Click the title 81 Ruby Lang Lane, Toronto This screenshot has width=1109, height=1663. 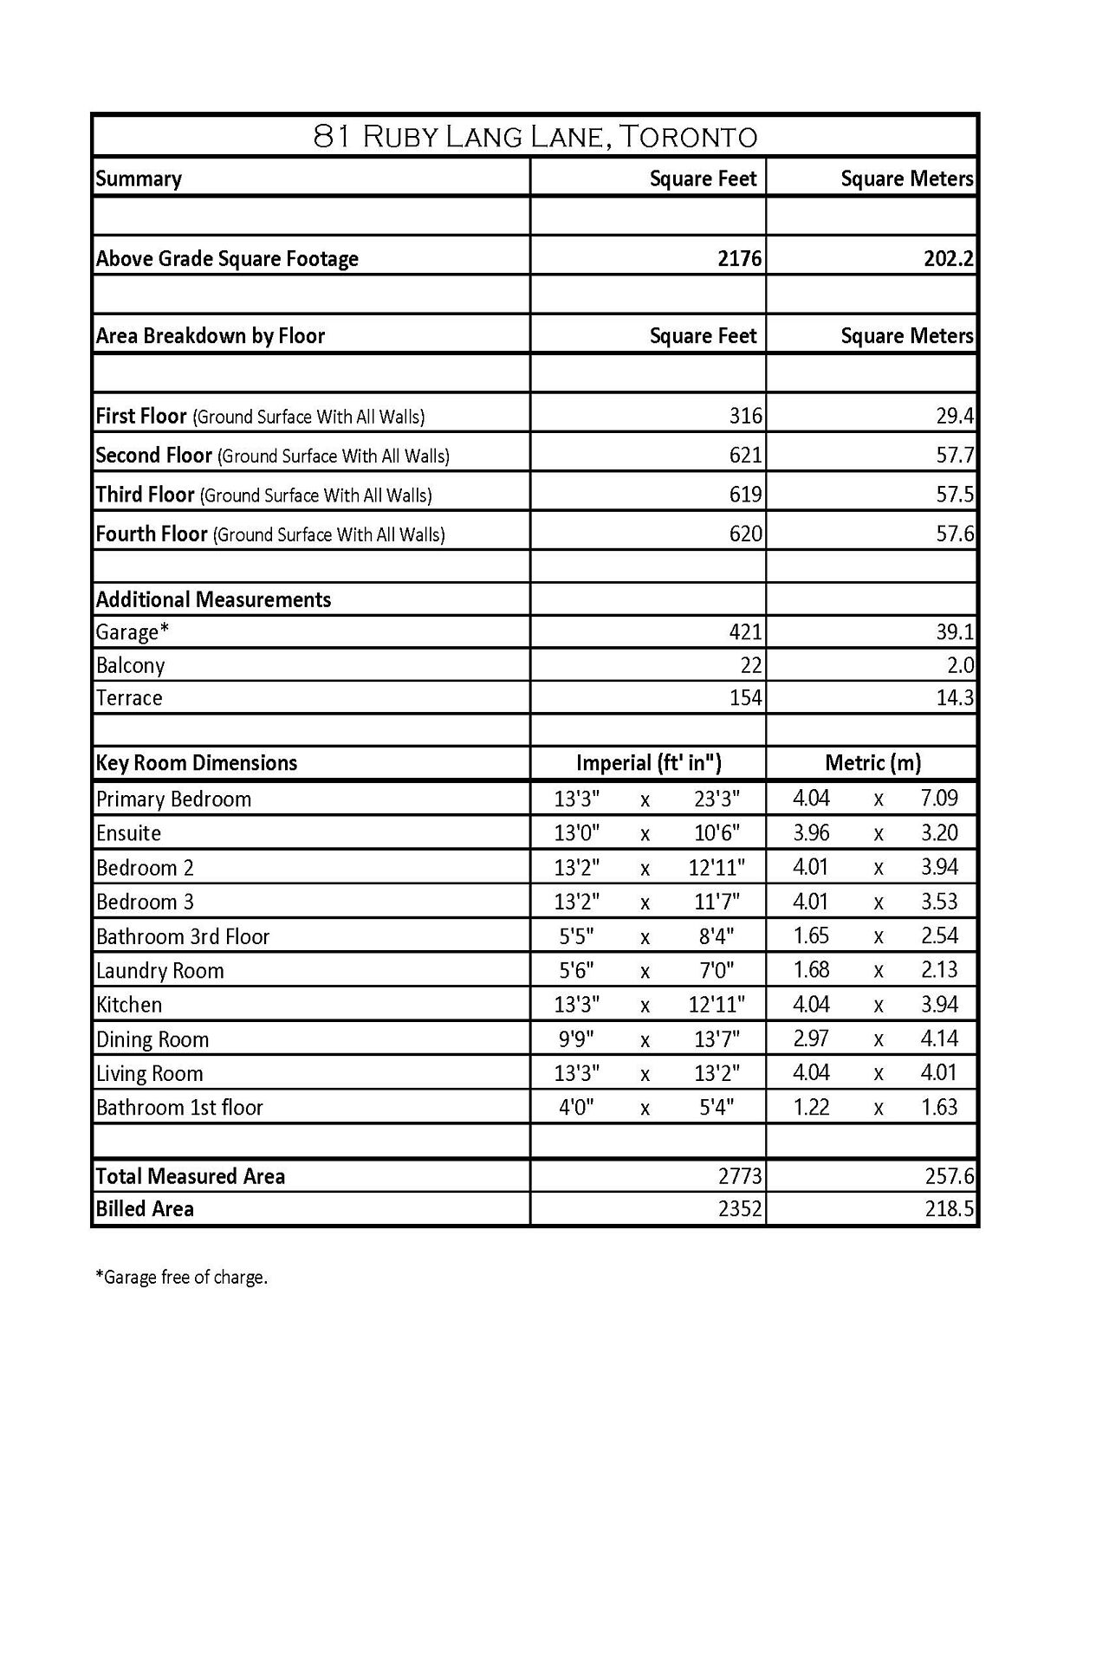tap(535, 137)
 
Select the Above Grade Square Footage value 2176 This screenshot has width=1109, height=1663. tap(739, 259)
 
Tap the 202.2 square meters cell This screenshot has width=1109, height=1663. tap(949, 259)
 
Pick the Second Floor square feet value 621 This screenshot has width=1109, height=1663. tap(745, 456)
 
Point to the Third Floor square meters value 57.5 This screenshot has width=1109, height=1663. tap(955, 495)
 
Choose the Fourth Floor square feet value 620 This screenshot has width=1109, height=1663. tap(745, 534)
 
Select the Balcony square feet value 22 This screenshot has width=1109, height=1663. tap(751, 665)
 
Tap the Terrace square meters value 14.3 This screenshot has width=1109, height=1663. tap(955, 698)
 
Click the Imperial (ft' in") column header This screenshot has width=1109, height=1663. tap(648, 763)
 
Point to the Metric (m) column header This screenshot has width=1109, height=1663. tap(872, 763)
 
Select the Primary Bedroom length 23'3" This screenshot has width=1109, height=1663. tap(717, 799)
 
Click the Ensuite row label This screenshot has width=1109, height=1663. tap(128, 833)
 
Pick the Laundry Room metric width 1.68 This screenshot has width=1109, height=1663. tap(811, 970)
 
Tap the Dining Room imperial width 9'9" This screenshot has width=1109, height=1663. tap(576, 1039)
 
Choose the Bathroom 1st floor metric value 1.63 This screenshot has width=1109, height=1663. tap(939, 1107)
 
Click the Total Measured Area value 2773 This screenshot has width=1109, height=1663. tap(739, 1176)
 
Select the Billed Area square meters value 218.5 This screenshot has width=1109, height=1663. tap(949, 1209)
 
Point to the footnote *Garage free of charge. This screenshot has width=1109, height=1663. tap(181, 1278)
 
